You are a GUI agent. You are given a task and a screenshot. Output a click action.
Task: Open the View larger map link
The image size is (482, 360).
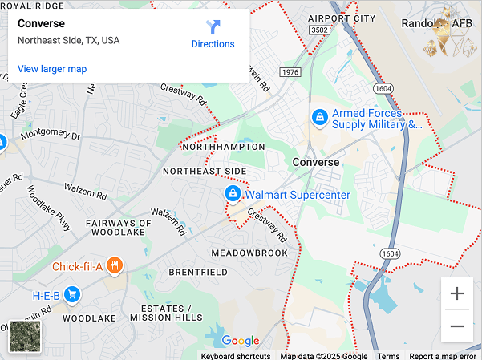pos(52,69)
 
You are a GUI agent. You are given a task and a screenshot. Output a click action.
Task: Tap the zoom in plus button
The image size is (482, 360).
pos(457,293)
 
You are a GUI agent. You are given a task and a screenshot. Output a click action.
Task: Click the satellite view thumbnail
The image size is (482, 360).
pos(25,337)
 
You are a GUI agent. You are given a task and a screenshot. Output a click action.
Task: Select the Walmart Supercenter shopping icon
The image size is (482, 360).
pos(232,194)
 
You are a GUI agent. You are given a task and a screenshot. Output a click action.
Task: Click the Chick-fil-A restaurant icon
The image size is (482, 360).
pos(115,266)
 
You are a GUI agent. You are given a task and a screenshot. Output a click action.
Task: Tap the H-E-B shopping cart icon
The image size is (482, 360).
pos(73,295)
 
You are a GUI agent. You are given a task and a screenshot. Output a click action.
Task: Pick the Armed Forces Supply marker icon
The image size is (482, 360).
pos(320,118)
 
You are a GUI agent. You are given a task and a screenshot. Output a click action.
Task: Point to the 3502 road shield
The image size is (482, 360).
pos(319,30)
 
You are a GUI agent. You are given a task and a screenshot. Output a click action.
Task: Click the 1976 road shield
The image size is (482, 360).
pos(290,72)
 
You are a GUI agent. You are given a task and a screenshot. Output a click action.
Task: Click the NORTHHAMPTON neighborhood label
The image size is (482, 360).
pos(224,148)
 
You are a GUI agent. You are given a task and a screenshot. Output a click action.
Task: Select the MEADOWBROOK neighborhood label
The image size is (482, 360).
pos(249,253)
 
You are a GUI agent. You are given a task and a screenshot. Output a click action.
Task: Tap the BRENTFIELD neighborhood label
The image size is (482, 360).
pos(198,273)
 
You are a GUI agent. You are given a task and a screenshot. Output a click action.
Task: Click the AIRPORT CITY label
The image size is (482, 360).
pos(341,18)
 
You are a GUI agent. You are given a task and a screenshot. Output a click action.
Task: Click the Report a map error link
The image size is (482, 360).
pos(444,356)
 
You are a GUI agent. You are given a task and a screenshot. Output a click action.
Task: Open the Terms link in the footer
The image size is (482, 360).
pos(388,356)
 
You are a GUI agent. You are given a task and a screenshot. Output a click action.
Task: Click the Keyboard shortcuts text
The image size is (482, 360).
pos(236,356)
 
